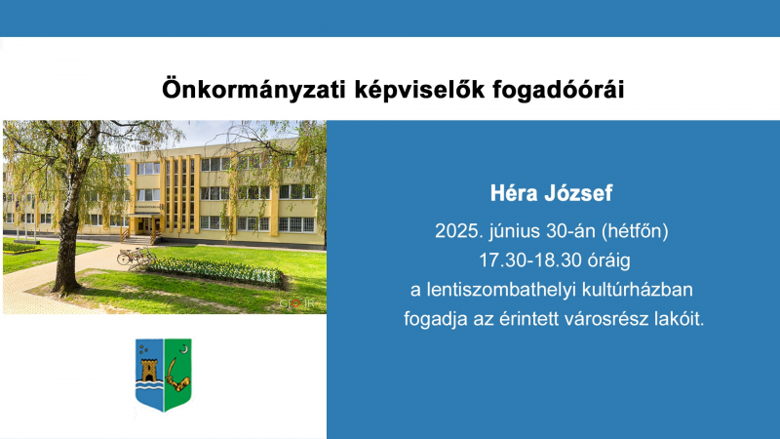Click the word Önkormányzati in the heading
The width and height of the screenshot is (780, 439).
(x=253, y=90)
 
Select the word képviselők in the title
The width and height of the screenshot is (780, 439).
(x=419, y=90)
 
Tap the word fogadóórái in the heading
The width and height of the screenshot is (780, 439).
(x=559, y=90)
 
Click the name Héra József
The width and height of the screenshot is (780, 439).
(x=551, y=193)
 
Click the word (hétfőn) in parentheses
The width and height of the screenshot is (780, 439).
(x=635, y=231)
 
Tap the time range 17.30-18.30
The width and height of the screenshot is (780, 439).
(x=530, y=260)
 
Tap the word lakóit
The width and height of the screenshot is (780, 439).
(x=679, y=319)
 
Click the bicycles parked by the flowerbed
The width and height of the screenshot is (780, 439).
(x=136, y=257)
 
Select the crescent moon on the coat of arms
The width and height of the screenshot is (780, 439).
(x=184, y=349)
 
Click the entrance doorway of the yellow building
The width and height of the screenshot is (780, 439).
(x=144, y=225)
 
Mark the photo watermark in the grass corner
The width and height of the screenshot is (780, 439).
(x=296, y=303)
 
